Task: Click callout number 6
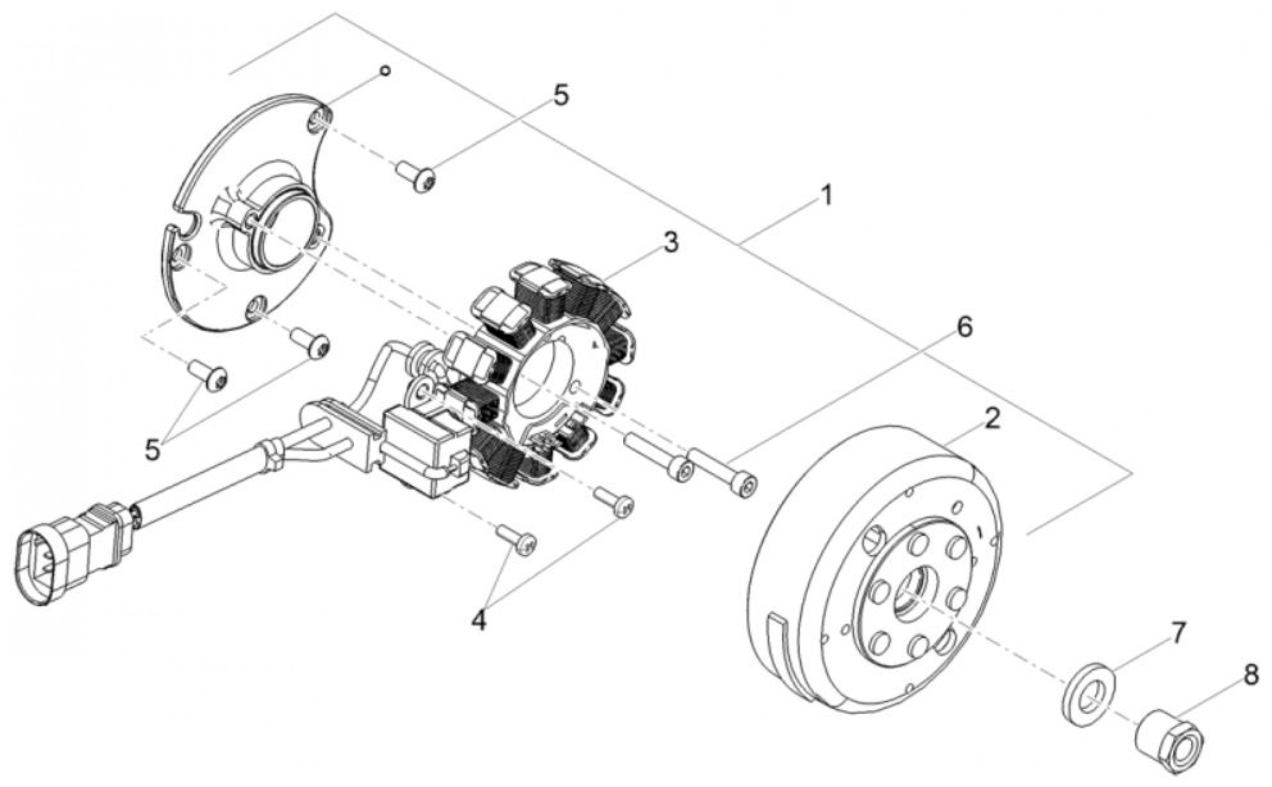point(963,327)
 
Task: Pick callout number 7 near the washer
point(1177,634)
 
